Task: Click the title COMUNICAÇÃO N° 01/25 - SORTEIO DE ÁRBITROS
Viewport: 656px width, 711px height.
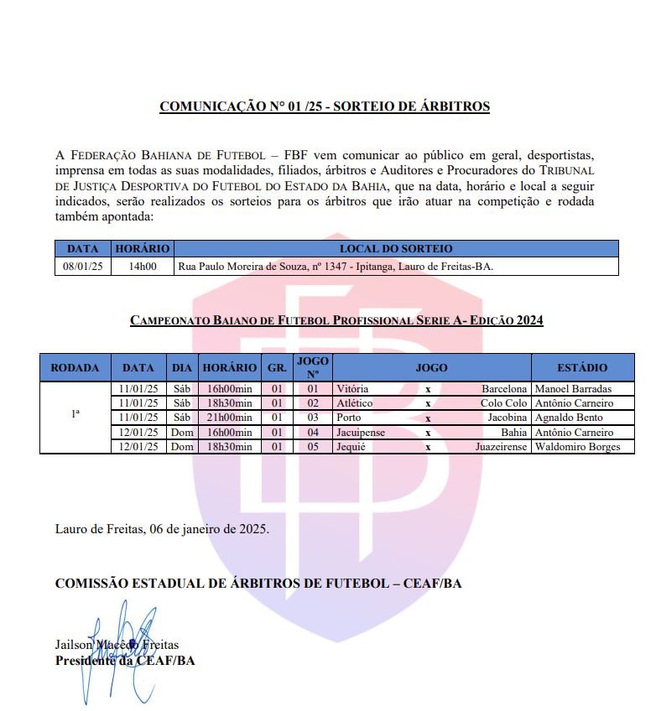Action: (325, 106)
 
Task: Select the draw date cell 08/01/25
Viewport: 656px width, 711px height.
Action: (83, 267)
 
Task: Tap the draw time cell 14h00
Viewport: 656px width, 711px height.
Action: (143, 267)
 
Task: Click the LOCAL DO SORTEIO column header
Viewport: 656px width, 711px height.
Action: (395, 249)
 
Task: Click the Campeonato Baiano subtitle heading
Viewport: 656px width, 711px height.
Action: (336, 320)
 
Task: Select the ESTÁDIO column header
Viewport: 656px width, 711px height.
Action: (582, 367)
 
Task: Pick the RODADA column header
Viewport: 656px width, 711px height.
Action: (75, 367)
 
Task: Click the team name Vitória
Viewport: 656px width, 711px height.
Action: (351, 389)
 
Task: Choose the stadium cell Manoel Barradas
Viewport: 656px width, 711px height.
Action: (573, 389)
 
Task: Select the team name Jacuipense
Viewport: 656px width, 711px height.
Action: (362, 433)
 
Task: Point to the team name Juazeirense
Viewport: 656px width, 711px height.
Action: (501, 447)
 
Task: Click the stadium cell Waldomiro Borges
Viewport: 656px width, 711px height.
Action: (578, 447)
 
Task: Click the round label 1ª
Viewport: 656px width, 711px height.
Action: (75, 413)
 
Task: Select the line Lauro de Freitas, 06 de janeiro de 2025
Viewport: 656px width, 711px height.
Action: (162, 529)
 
